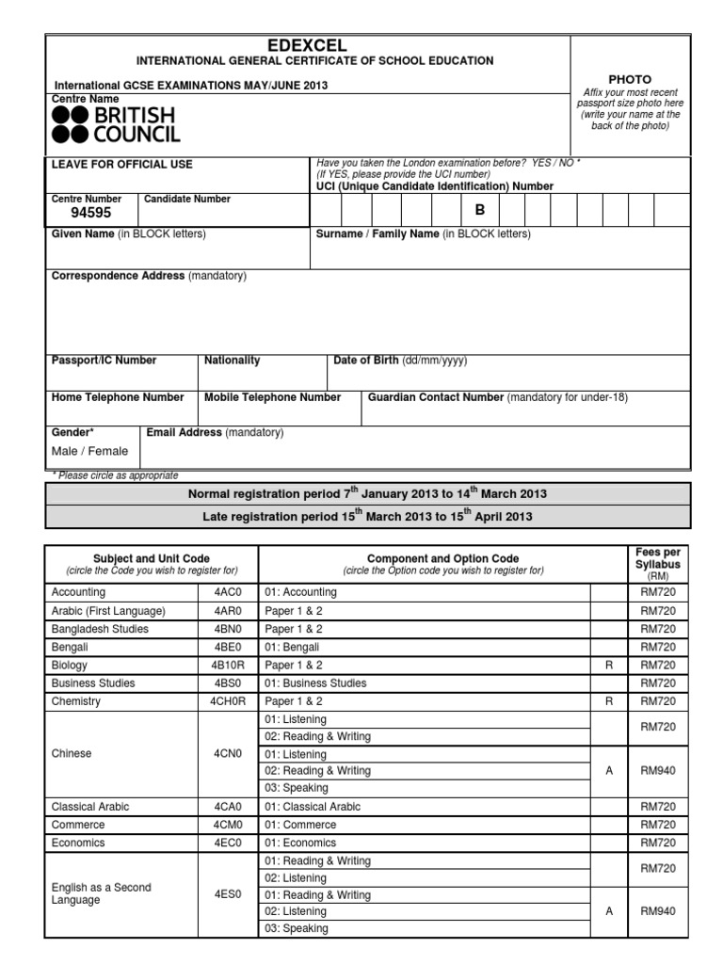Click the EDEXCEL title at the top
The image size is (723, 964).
308,45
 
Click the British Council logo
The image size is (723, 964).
113,124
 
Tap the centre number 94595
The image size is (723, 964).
91,213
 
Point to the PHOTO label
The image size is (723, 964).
630,79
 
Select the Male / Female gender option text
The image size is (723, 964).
89,451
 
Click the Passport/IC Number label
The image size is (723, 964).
104,361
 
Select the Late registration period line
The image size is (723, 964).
367,517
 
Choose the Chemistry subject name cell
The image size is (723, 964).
76,701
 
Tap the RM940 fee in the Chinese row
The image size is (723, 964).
659,770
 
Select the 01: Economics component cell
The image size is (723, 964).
300,843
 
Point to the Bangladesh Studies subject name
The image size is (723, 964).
100,629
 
